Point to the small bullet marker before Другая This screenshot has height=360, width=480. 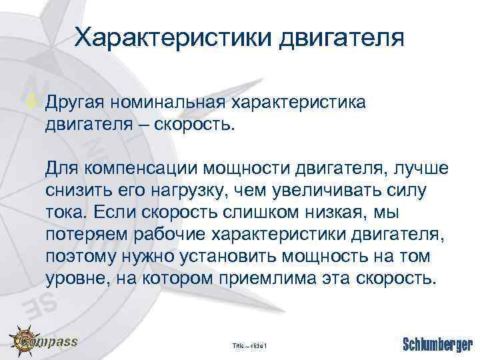(x=36, y=102)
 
